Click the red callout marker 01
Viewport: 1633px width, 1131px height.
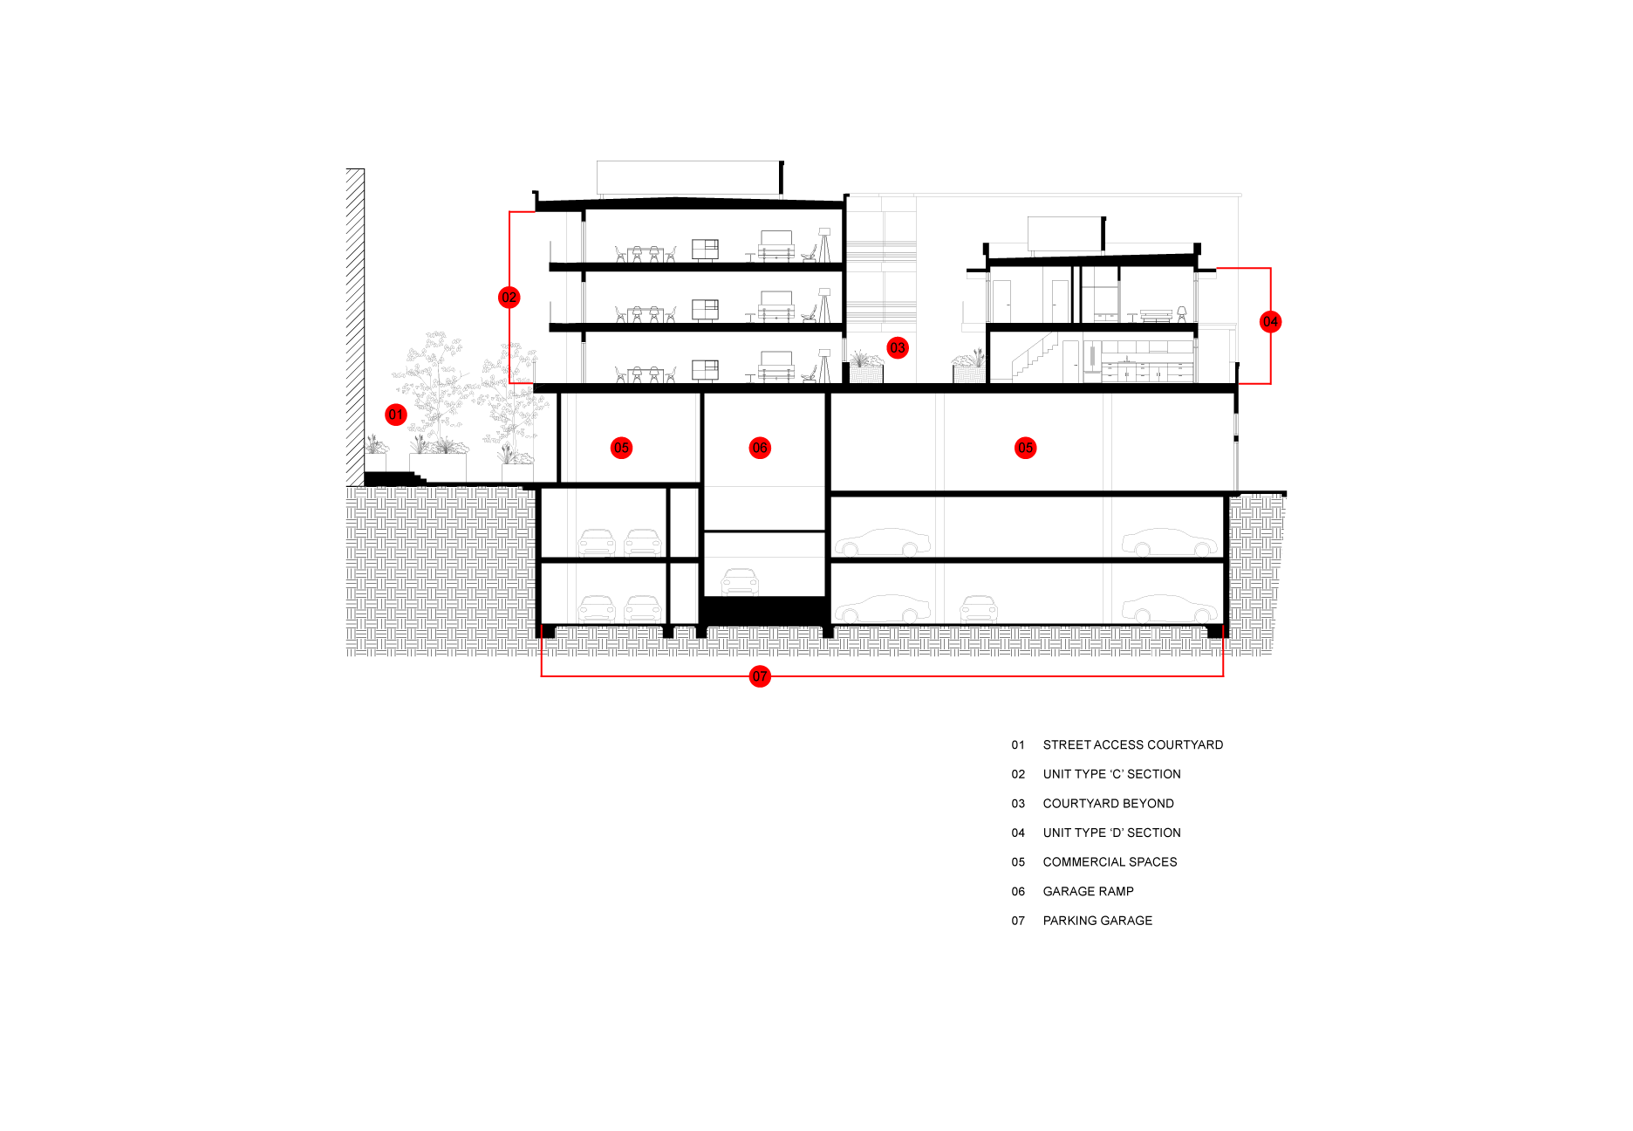[x=396, y=415]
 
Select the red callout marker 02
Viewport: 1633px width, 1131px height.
[x=509, y=298]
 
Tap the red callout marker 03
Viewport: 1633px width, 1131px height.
[x=898, y=347]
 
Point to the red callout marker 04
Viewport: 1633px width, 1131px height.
[x=1270, y=322]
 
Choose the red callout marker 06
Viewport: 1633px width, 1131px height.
[x=760, y=448]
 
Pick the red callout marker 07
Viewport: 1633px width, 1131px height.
[x=760, y=676]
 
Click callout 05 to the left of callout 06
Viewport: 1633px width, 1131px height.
[x=621, y=448]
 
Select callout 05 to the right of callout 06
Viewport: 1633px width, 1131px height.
[x=1026, y=448]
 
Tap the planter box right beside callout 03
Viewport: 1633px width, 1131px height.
[x=866, y=368]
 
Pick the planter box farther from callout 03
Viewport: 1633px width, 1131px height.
[x=969, y=367]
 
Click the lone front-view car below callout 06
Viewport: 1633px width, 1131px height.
[x=740, y=582]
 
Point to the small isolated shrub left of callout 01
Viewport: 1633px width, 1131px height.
[x=375, y=445]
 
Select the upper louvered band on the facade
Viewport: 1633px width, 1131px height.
[x=881, y=251]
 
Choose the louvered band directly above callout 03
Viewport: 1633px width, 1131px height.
[x=881, y=312]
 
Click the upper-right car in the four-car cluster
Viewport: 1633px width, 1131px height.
[x=643, y=543]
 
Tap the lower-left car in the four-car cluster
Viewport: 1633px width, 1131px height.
[x=597, y=609]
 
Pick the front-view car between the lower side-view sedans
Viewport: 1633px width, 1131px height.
[x=979, y=609]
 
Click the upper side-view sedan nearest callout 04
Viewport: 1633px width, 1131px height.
[x=1169, y=543]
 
